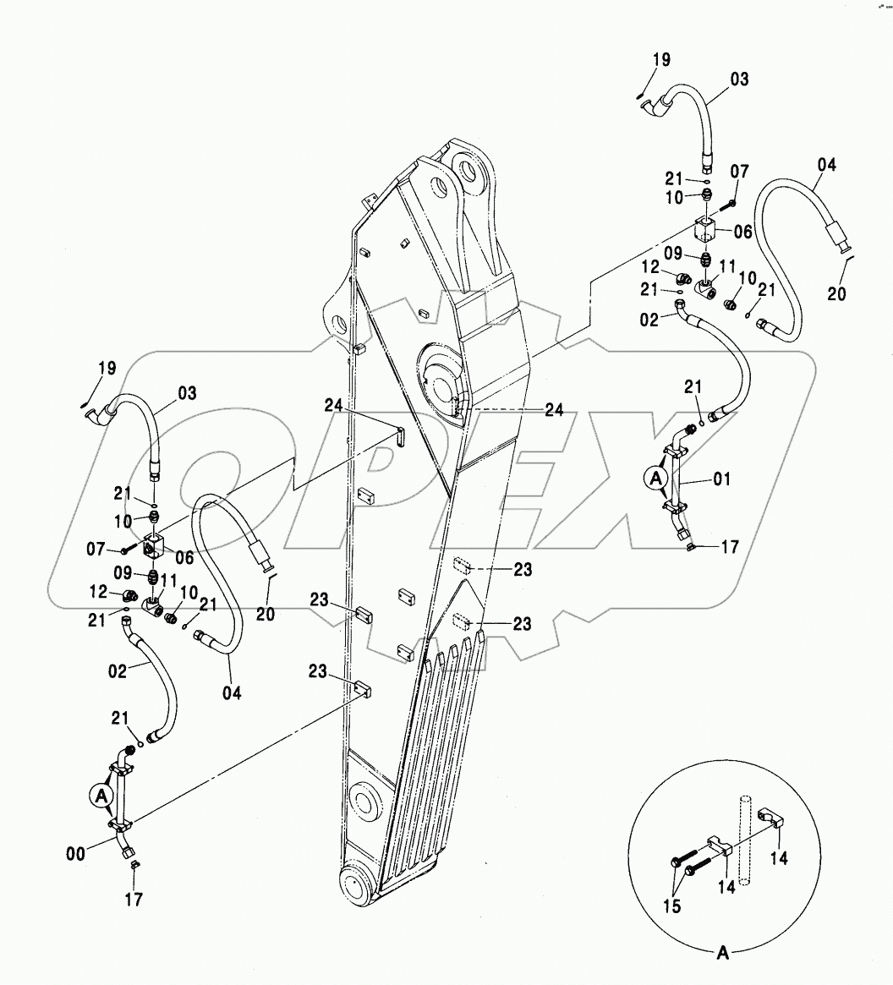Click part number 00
pyautogui.click(x=75, y=854)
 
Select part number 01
pyautogui.click(x=722, y=479)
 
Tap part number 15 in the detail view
pyautogui.click(x=671, y=906)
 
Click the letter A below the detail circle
pyautogui.click(x=723, y=953)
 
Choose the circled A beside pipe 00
pyautogui.click(x=101, y=796)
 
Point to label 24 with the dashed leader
pyautogui.click(x=554, y=410)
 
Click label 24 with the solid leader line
pyautogui.click(x=333, y=406)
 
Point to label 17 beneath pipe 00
pyautogui.click(x=134, y=900)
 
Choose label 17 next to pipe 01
pyautogui.click(x=730, y=547)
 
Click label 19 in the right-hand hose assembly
pyautogui.click(x=662, y=60)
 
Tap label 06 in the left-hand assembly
pyautogui.click(x=184, y=557)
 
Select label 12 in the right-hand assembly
pyautogui.click(x=650, y=267)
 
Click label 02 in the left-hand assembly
pyautogui.click(x=118, y=671)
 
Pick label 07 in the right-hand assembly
pyautogui.click(x=740, y=172)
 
